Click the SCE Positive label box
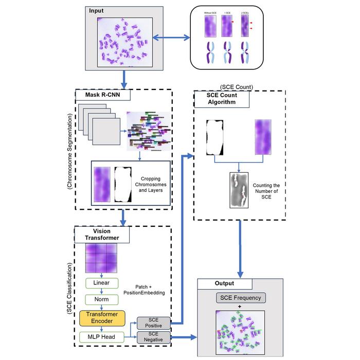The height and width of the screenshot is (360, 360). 154,322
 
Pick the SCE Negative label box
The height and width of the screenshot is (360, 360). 154,337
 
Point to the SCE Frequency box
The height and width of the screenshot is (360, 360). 241,298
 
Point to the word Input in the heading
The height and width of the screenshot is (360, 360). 96,10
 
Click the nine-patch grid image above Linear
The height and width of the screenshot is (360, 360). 101,259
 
